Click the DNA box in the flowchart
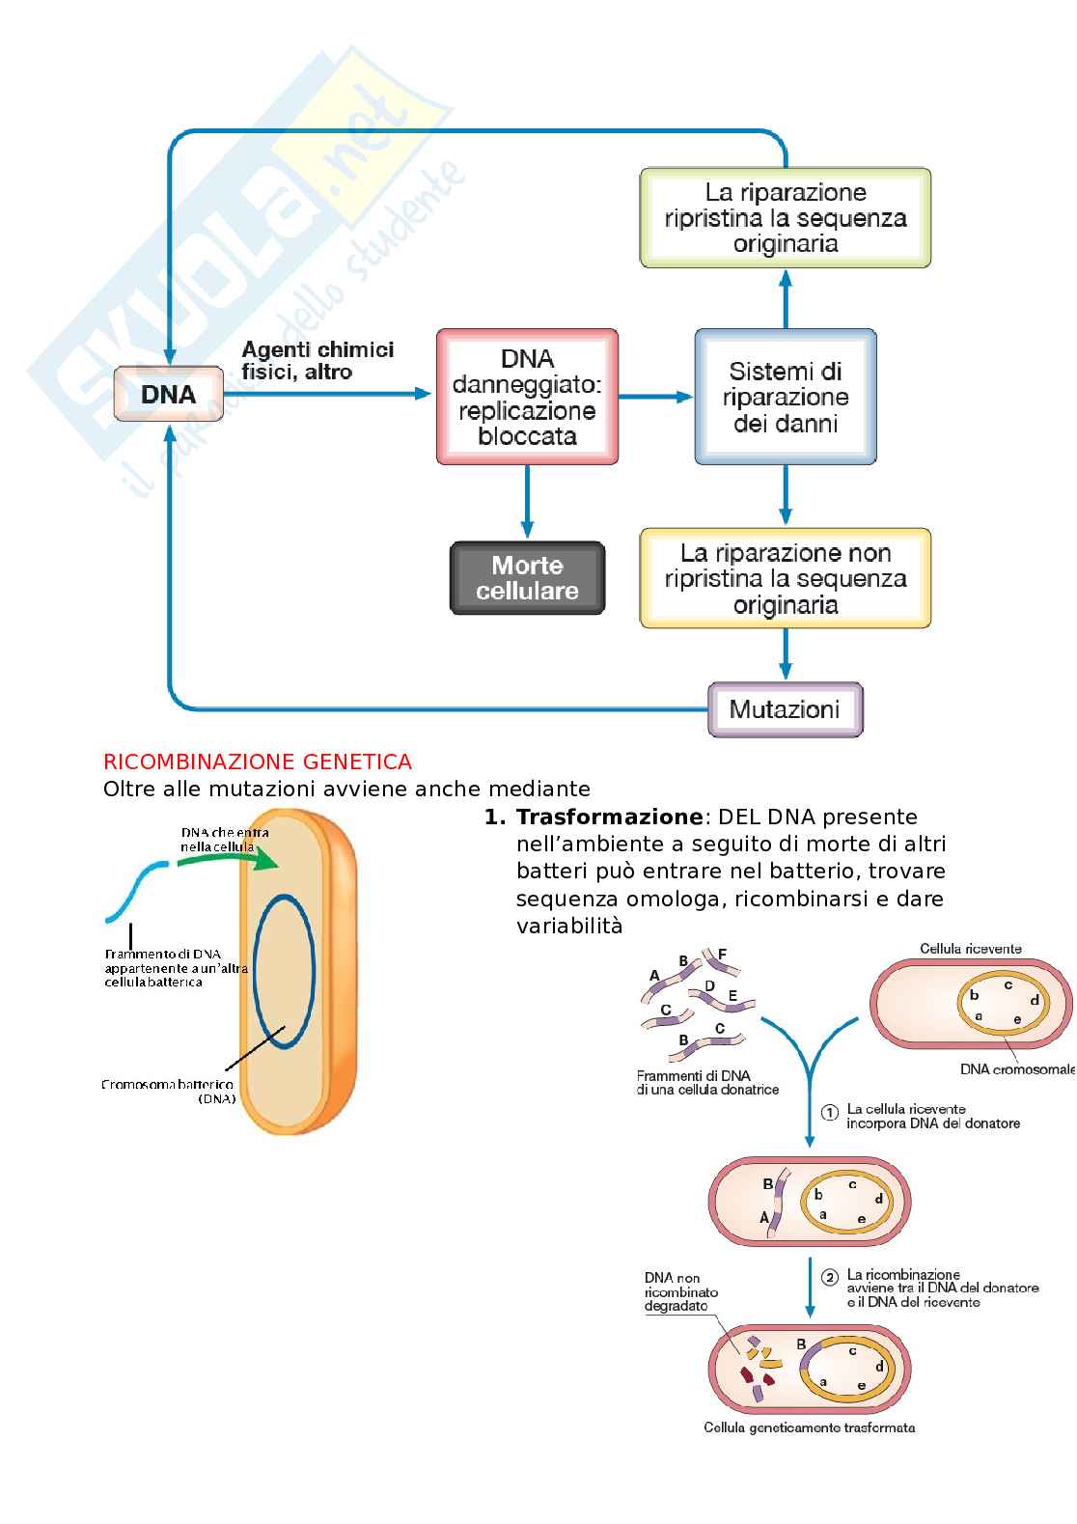click(x=169, y=394)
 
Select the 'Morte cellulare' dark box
click(x=527, y=578)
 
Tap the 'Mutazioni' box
click(x=785, y=710)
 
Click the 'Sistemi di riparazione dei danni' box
click(x=786, y=397)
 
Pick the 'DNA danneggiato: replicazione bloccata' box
click(x=527, y=397)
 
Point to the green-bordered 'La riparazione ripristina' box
click(x=786, y=218)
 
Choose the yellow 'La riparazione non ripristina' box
click(x=786, y=578)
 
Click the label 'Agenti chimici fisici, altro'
click(x=317, y=360)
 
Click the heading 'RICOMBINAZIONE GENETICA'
click(x=258, y=762)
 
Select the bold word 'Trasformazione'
click(x=609, y=817)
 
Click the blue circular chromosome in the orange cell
click(x=284, y=971)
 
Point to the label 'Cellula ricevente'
click(x=970, y=949)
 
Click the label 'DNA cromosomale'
click(x=1017, y=1069)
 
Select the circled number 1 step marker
click(x=829, y=1112)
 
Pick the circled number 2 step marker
click(x=829, y=1277)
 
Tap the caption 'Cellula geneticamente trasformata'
click(x=809, y=1427)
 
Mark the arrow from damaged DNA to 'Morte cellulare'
click(x=527, y=502)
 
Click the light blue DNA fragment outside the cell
click(x=135, y=893)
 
